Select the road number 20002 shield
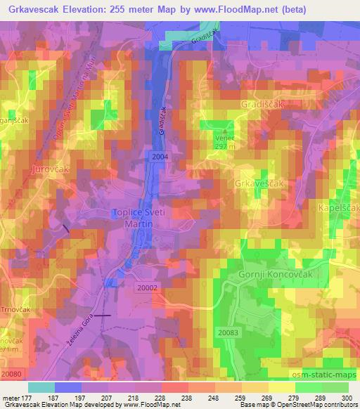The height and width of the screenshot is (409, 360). click(148, 287)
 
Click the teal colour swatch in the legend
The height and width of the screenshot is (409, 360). click(41, 387)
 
